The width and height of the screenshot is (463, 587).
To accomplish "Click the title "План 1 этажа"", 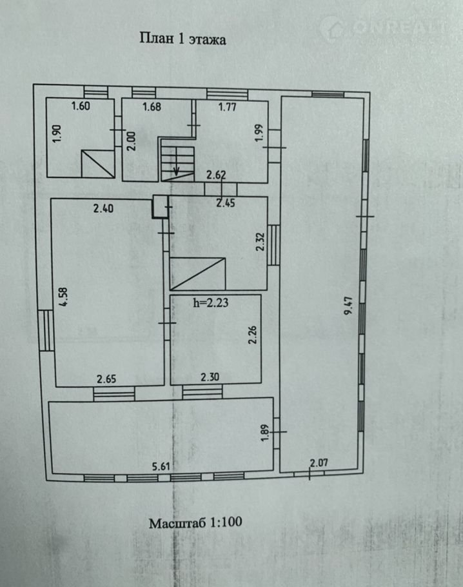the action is (182, 39).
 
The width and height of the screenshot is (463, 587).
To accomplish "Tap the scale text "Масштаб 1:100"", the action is (195, 522).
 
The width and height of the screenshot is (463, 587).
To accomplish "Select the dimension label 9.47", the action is (348, 306).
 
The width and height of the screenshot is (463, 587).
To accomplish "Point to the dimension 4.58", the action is (64, 297).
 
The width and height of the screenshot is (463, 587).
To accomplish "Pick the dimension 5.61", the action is (161, 466).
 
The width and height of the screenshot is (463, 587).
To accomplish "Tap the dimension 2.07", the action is (319, 463).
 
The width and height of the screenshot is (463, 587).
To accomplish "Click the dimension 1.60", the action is (81, 106).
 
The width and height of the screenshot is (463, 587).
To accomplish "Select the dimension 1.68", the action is (152, 106).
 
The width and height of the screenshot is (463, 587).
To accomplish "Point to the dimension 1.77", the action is (227, 107).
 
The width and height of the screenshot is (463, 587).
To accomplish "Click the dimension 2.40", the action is (103, 208).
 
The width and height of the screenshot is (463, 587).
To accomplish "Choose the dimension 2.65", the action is (106, 379).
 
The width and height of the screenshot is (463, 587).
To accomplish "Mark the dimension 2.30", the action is (210, 377).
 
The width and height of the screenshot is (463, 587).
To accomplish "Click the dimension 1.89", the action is (265, 433).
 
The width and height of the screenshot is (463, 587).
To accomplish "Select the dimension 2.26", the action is (253, 335).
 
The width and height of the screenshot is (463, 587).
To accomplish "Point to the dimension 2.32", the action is (261, 242).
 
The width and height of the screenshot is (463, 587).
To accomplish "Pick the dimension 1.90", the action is (57, 134).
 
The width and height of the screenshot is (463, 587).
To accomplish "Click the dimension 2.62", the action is (216, 175).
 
